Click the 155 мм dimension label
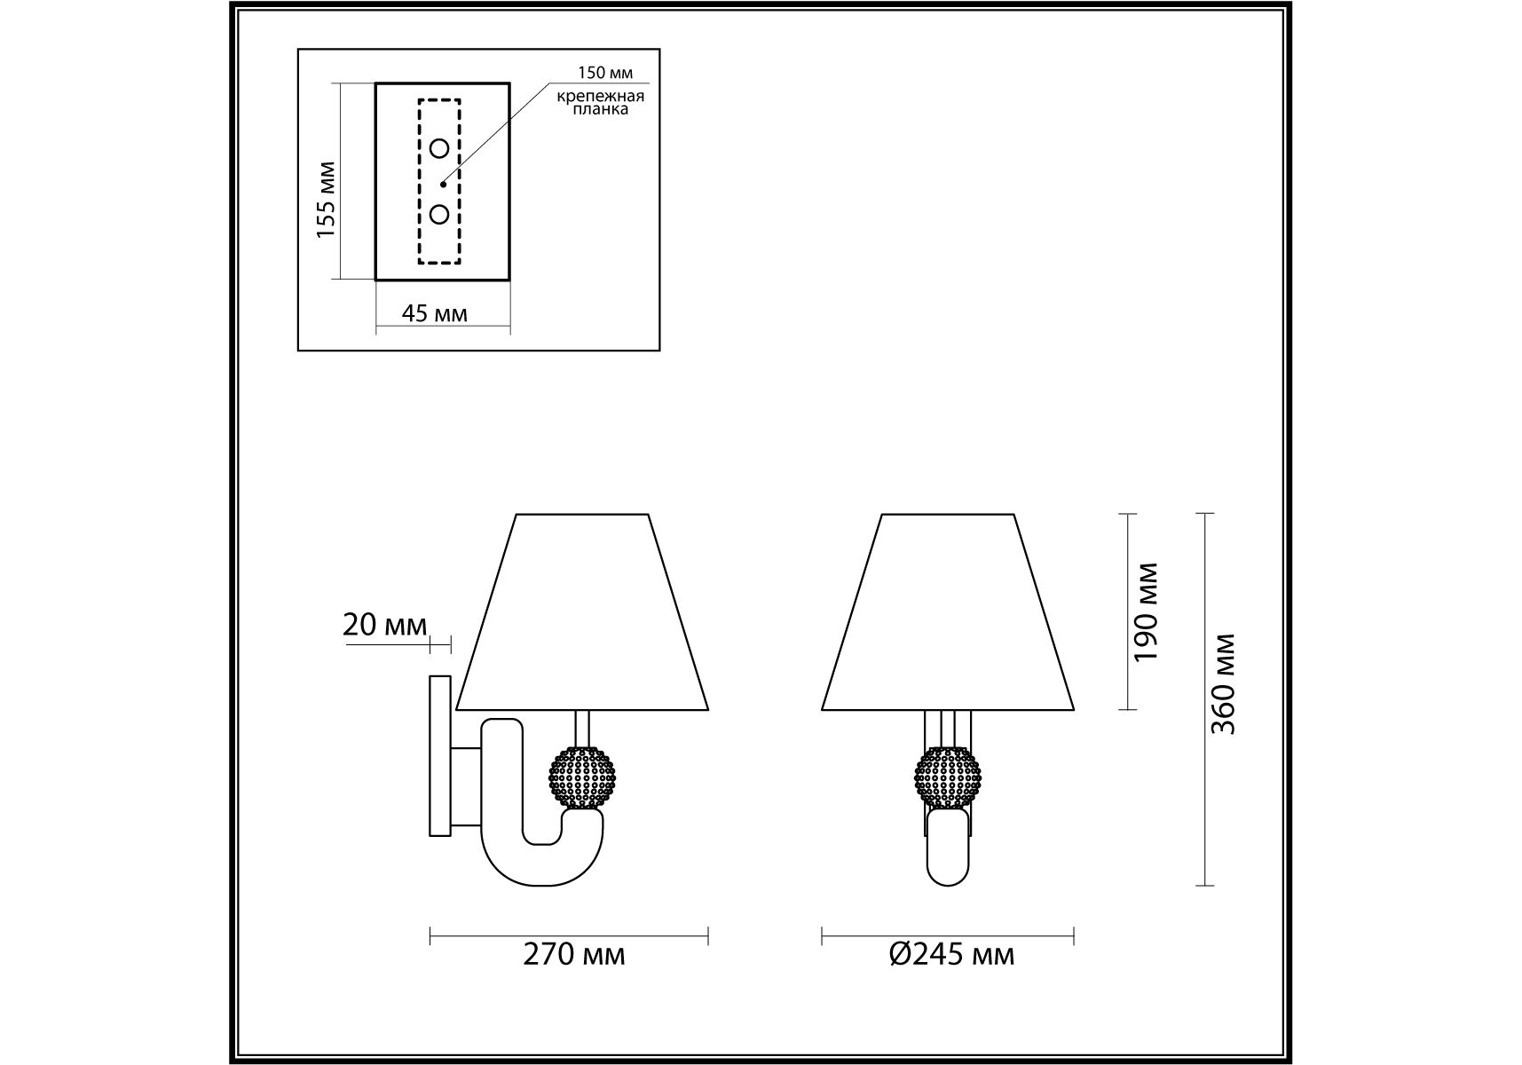tap(327, 199)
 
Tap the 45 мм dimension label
tap(435, 313)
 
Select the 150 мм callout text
tap(607, 73)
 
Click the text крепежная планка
tap(601, 103)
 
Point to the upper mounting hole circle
tap(439, 148)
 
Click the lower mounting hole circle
tap(439, 214)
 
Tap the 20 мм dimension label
tap(384, 626)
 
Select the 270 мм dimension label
tap(573, 954)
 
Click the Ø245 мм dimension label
tap(950, 954)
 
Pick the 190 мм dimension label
tap(1147, 611)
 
